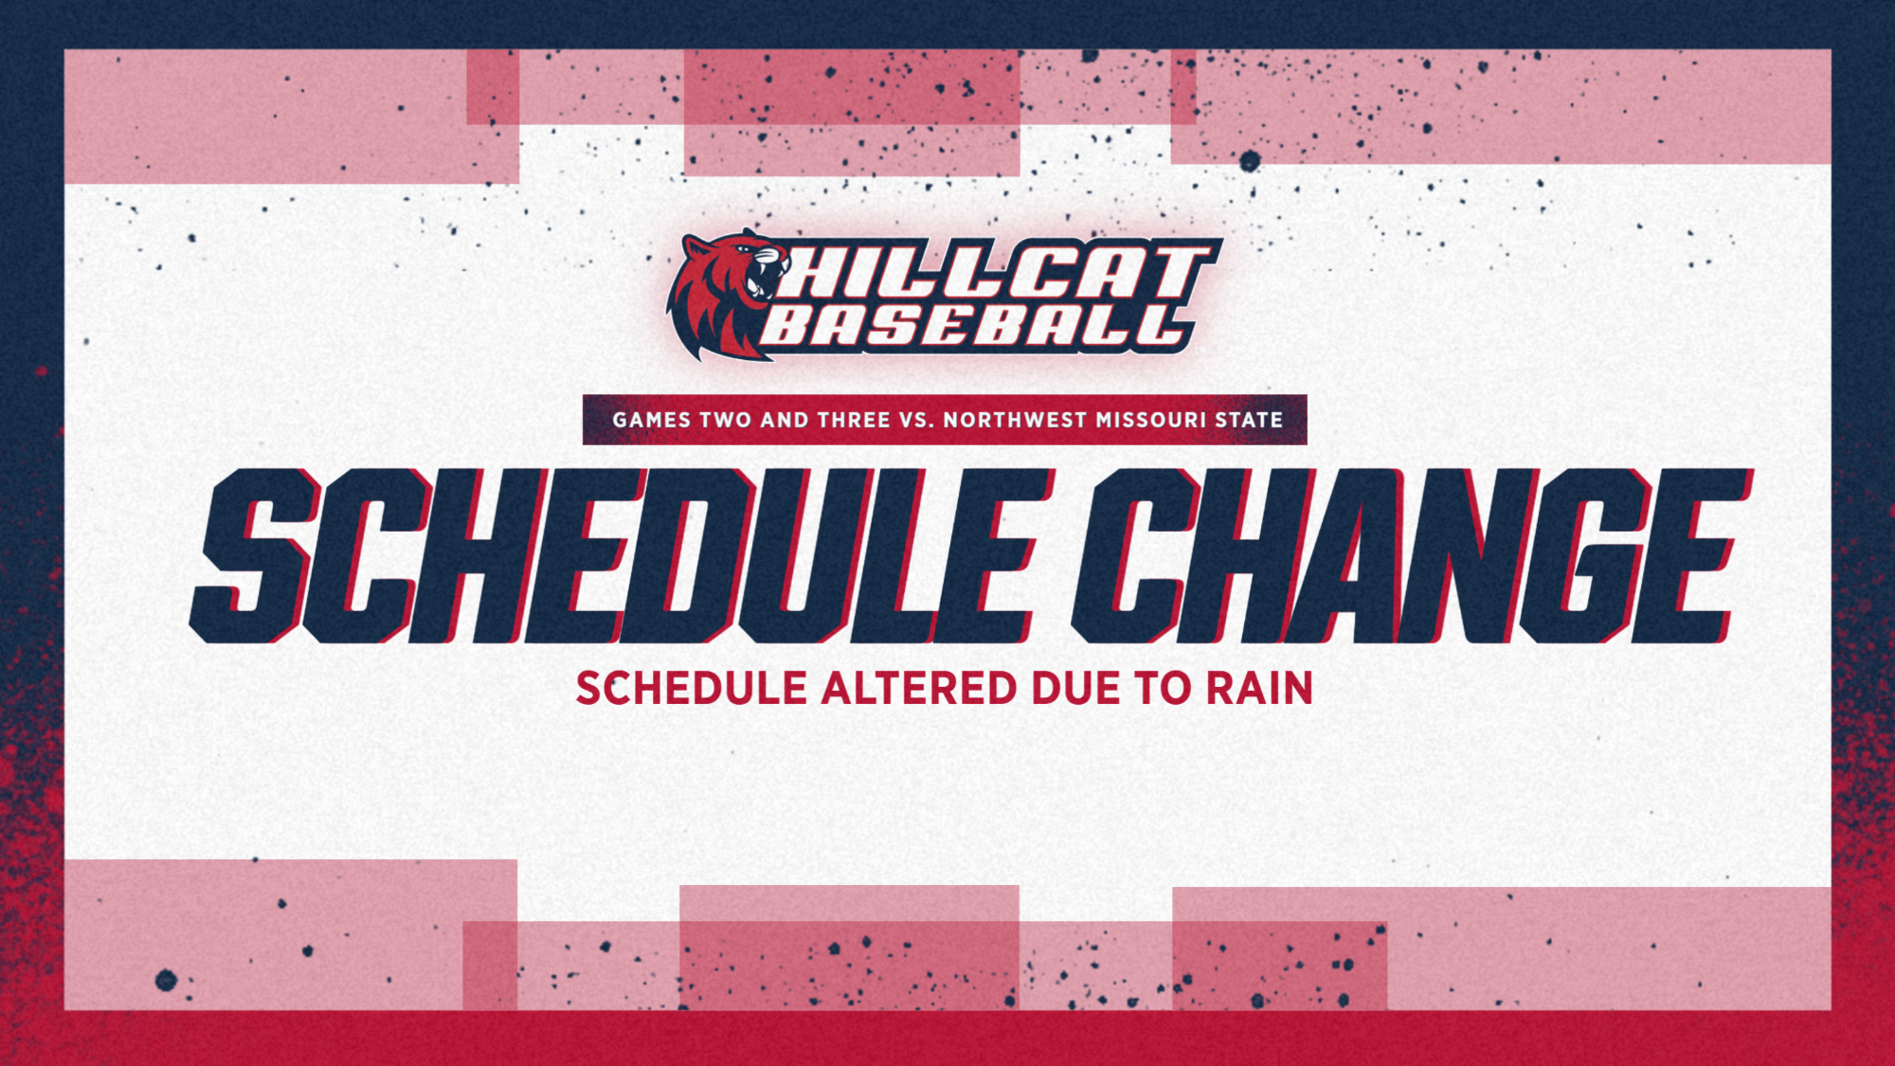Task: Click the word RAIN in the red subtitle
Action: [x=1259, y=689]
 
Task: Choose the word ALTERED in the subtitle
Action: [x=919, y=689]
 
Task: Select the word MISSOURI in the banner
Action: [x=1151, y=420]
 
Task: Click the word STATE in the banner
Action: [x=1249, y=420]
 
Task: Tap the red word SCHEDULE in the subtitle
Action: [x=692, y=689]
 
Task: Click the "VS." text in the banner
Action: [x=917, y=420]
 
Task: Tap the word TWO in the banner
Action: [x=726, y=420]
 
